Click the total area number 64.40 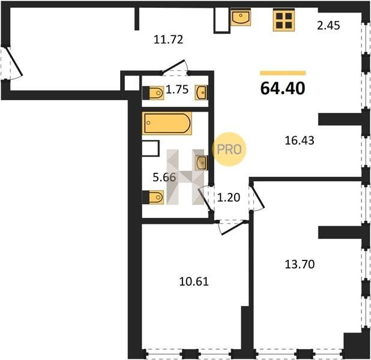click(283, 88)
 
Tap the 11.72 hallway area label click(168, 40)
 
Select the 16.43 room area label click(300, 140)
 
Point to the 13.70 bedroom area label click(300, 264)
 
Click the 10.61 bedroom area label click(194, 281)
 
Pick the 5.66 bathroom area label click(164, 177)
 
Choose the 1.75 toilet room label click(177, 89)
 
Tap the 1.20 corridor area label click(228, 197)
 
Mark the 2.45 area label click(328, 25)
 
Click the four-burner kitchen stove click(284, 20)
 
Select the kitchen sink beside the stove click(241, 17)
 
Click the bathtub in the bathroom click(167, 123)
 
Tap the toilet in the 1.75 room click(153, 93)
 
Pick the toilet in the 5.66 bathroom click(153, 197)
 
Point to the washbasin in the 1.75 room click(201, 92)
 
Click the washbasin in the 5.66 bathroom click(201, 163)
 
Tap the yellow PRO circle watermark click(229, 149)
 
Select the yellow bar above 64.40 click(283, 73)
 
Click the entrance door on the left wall click(12, 62)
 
